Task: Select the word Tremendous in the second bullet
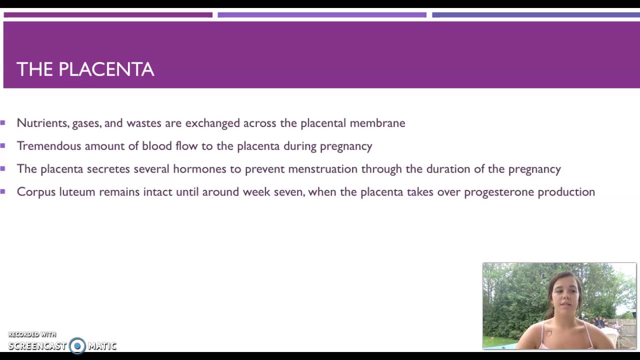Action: click(48, 146)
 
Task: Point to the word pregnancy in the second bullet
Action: click(346, 146)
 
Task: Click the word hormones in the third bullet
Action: click(199, 169)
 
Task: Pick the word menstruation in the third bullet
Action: click(322, 169)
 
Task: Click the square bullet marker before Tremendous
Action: click(3, 145)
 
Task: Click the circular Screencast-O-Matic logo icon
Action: click(77, 345)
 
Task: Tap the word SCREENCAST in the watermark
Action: click(37, 346)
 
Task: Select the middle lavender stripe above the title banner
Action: click(321, 15)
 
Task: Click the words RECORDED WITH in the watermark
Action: click(32, 334)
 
